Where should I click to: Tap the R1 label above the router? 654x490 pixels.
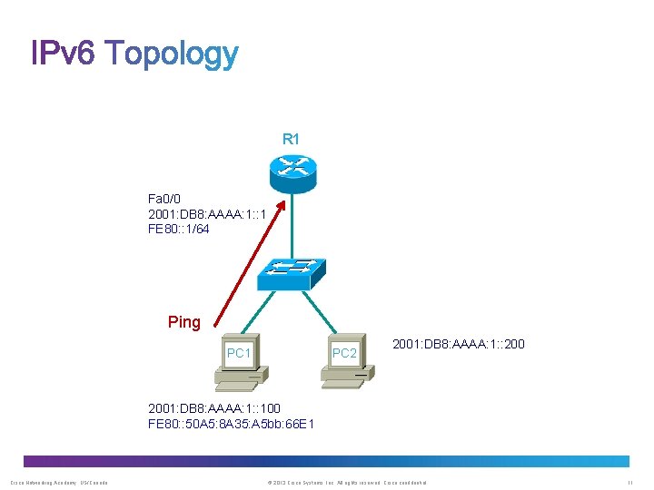click(291, 139)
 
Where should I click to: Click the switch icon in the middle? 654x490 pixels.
click(291, 273)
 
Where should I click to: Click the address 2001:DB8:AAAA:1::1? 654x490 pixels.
click(206, 213)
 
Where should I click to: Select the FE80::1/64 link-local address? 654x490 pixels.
click(178, 229)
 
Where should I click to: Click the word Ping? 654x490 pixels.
click(184, 322)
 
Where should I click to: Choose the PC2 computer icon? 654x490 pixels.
click(346, 364)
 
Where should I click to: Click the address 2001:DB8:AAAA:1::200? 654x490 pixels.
click(458, 344)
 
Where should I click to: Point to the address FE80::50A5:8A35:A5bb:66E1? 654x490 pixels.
click(231, 424)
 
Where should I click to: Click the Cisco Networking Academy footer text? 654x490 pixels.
click(59, 481)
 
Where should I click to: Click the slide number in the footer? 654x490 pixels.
click(629, 481)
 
